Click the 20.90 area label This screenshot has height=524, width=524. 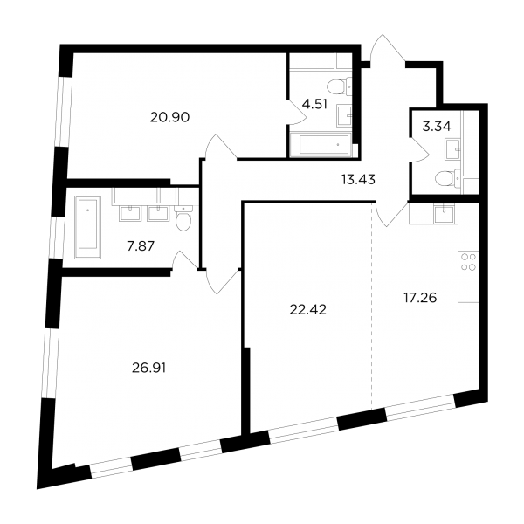click(169, 117)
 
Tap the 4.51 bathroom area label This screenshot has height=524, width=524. click(314, 104)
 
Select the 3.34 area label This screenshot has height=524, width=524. click(437, 127)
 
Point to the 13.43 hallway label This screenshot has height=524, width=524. click(358, 180)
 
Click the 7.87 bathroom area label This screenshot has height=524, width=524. click(141, 246)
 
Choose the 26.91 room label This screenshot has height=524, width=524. click(149, 368)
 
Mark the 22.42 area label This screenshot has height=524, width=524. click(307, 310)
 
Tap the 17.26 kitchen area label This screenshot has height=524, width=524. click(420, 298)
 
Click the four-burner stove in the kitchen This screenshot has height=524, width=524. click(468, 262)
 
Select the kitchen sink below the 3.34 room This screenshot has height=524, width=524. click(445, 214)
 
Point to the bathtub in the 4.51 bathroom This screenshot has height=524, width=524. click(321, 145)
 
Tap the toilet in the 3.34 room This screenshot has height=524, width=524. click(448, 178)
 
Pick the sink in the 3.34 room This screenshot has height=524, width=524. click(453, 149)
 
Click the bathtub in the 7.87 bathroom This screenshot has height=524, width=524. click(88, 227)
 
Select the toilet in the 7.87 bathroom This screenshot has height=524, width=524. click(183, 217)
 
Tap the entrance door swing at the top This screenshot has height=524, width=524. click(388, 48)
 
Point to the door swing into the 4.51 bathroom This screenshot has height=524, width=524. click(297, 112)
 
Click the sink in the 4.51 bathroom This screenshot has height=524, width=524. click(345, 115)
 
